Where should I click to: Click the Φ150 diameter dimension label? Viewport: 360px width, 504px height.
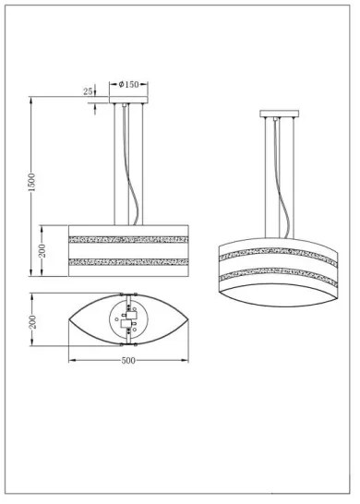coord(128,84)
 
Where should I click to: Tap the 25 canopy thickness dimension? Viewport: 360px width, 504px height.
coord(88,91)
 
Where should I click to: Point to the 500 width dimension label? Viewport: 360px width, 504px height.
coord(129,359)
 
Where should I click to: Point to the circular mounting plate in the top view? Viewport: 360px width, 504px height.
coord(128,320)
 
